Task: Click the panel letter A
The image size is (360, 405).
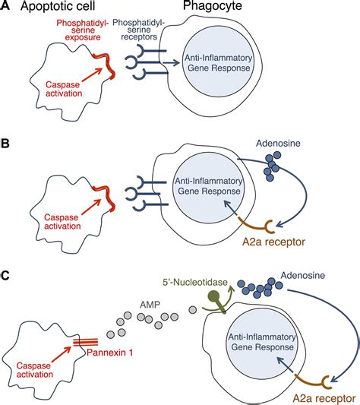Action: click(7, 8)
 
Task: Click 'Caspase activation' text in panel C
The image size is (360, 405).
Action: click(37, 375)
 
